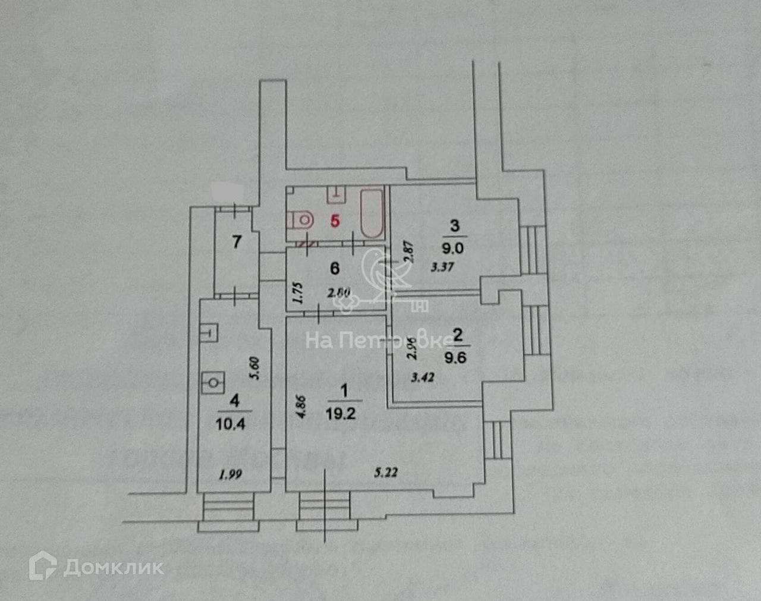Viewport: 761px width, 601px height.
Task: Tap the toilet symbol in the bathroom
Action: (x=301, y=221)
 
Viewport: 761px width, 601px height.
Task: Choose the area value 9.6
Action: (x=458, y=358)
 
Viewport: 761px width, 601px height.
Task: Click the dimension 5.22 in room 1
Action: (x=386, y=473)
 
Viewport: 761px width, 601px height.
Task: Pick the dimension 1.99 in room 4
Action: (x=231, y=474)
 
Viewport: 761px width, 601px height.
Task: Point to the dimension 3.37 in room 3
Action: (x=442, y=268)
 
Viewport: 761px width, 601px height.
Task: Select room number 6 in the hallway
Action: (x=335, y=268)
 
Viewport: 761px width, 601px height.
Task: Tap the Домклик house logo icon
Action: (x=43, y=567)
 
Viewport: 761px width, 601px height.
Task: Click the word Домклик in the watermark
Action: (x=113, y=568)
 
